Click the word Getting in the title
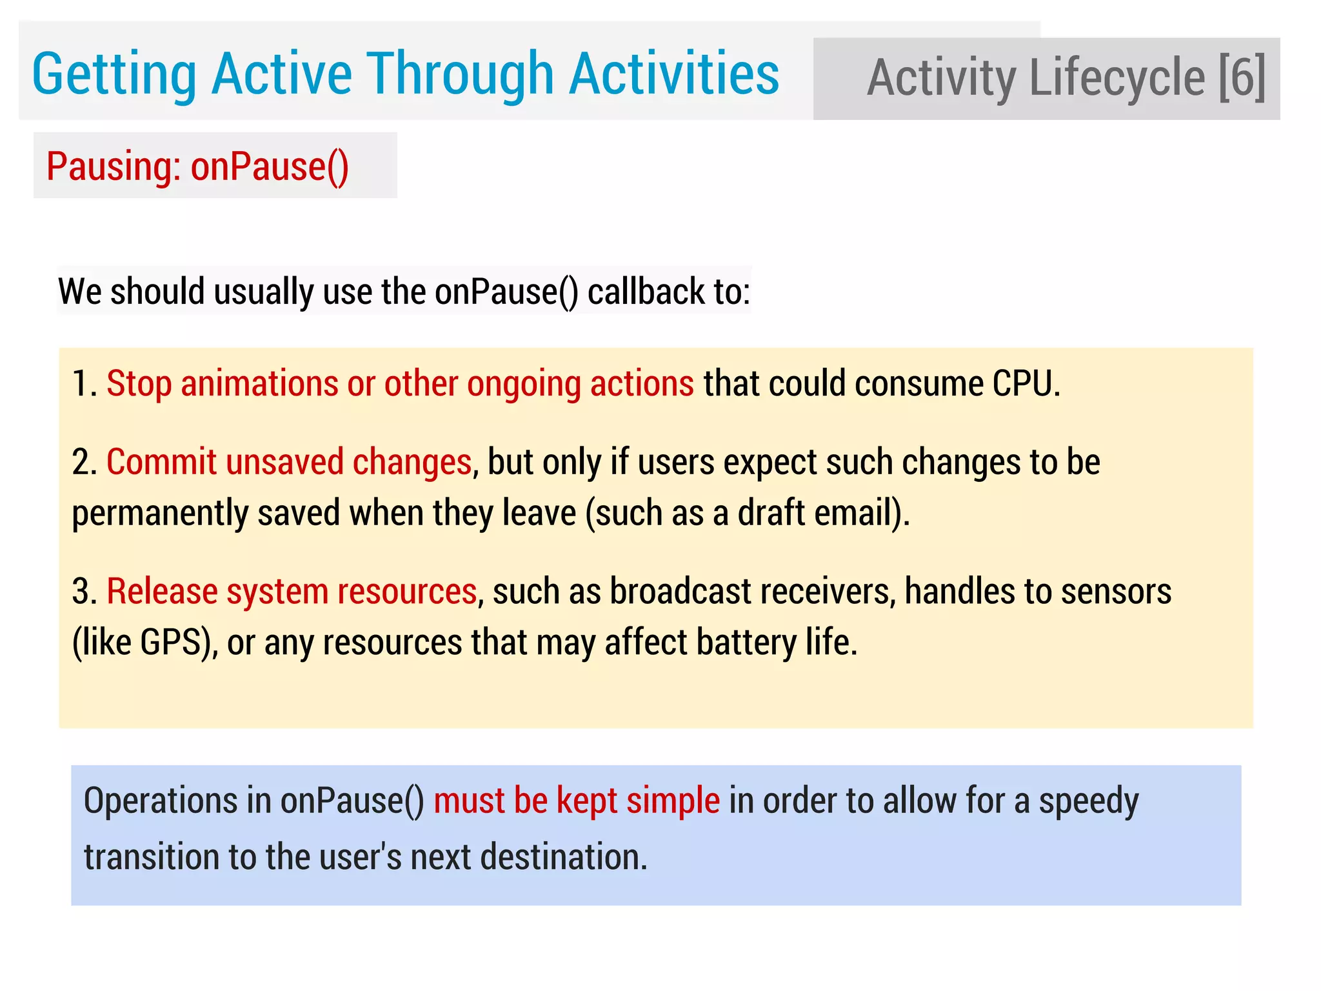[x=114, y=75]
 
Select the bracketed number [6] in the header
[x=1242, y=77]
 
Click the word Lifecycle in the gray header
[x=1117, y=77]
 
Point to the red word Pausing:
[x=114, y=167]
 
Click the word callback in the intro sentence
[x=646, y=292]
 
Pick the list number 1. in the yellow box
[x=84, y=384]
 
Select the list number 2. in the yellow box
[x=84, y=463]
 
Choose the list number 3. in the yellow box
[x=84, y=592]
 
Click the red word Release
[x=162, y=592]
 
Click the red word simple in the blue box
[x=673, y=801]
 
